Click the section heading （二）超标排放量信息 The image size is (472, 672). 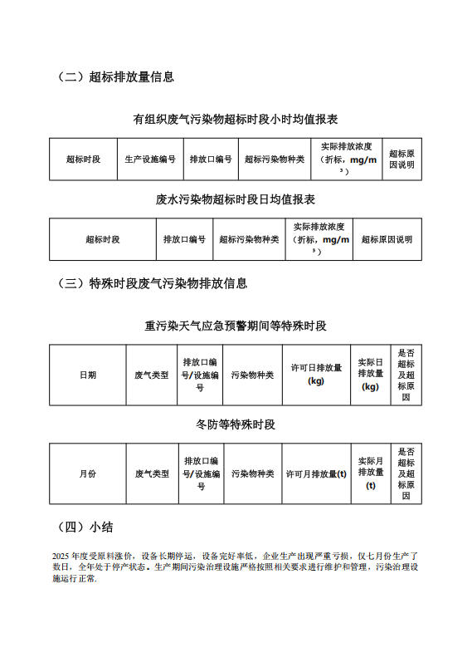115,77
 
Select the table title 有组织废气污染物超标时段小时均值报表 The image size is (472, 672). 236,120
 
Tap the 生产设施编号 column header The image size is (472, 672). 150,159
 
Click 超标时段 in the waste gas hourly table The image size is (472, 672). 83,159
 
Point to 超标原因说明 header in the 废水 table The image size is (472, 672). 387,239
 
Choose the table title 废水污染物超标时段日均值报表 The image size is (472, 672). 236,199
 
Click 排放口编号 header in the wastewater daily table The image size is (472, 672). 184,239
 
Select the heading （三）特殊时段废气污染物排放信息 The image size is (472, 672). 152,283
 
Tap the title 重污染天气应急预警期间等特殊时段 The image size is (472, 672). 236,326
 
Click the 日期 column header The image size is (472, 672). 88,375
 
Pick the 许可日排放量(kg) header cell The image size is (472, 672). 316,375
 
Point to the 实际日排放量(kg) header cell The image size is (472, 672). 370,375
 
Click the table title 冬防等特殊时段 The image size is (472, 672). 236,424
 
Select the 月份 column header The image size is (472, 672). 88,473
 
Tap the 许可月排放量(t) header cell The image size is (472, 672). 316,473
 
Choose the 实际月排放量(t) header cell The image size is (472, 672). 370,473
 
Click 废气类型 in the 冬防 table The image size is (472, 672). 152,473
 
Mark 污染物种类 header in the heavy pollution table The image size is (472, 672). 252,375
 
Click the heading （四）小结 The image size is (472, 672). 85,527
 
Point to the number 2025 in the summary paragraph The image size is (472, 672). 61,555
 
